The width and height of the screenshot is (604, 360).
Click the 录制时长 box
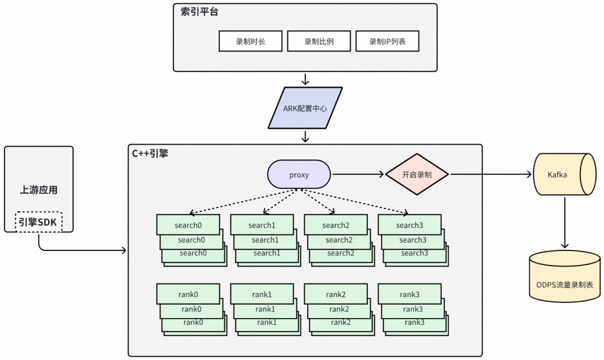(x=251, y=41)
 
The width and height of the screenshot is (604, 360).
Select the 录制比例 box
(x=319, y=41)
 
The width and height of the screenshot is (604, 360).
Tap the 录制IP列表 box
(x=387, y=41)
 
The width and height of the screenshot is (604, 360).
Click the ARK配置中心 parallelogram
(x=305, y=108)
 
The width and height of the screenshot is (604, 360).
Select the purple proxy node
(x=299, y=174)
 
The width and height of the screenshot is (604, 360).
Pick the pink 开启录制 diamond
(x=417, y=174)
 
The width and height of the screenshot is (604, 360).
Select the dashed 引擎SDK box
(x=39, y=222)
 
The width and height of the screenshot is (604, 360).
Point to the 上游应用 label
(x=39, y=190)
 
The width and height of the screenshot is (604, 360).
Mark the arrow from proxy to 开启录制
(x=358, y=174)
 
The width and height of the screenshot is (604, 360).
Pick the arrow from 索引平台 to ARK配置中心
(x=305, y=79)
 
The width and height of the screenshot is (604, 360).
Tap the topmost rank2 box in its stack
(x=336, y=295)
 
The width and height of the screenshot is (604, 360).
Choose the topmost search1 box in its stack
(x=262, y=225)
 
